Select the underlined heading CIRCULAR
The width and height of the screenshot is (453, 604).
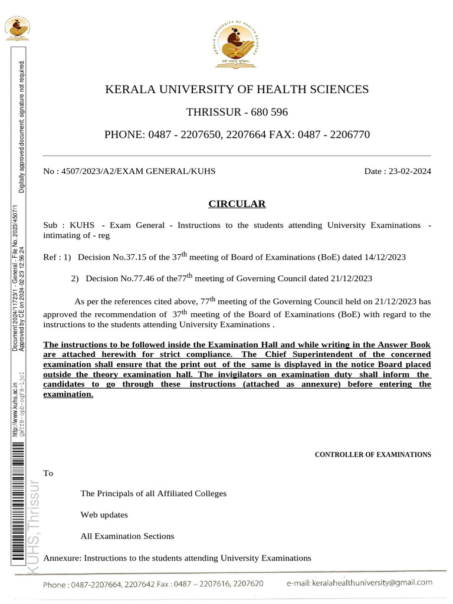[x=237, y=204]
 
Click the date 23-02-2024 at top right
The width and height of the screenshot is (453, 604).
[x=408, y=171]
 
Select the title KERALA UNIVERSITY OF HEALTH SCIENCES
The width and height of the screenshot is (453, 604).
[x=237, y=90]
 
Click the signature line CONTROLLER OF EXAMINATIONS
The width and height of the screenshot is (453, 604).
[x=373, y=455]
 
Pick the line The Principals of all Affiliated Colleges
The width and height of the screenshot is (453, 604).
[x=153, y=493]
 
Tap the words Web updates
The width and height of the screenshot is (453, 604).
[x=104, y=514]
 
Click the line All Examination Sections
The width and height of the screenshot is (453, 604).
[x=127, y=536]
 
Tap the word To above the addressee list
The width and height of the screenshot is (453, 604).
[x=48, y=473]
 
